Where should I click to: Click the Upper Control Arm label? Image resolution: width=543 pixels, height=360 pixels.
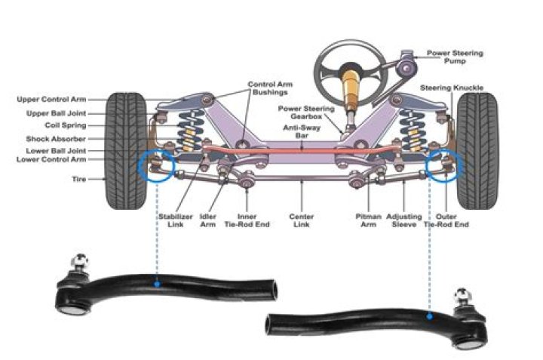point(51,100)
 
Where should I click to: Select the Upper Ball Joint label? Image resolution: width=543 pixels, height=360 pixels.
point(55,113)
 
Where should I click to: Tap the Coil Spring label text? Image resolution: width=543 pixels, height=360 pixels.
point(65,126)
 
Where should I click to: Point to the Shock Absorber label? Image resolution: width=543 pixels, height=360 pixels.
point(56,139)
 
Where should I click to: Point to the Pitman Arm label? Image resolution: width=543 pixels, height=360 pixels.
point(368,220)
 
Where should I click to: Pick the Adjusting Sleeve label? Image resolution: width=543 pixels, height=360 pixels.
point(404,220)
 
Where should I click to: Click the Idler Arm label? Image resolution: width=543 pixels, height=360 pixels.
point(208,220)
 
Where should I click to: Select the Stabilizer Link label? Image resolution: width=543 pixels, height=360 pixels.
point(173,220)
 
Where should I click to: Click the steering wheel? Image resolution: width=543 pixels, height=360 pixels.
point(351,68)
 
